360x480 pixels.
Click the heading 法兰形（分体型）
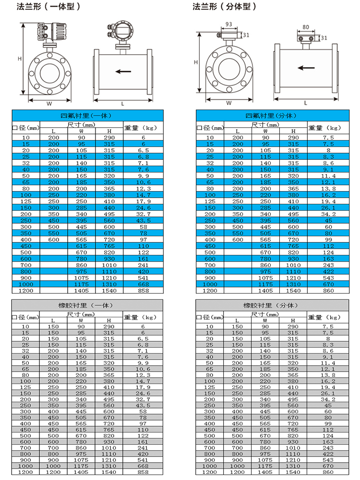(x=225, y=7)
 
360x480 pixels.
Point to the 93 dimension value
(x=229, y=24)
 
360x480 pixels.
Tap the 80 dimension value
(x=306, y=27)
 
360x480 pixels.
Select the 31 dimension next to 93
(x=246, y=35)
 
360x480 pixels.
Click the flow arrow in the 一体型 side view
(x=123, y=72)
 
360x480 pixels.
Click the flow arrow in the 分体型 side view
(x=306, y=68)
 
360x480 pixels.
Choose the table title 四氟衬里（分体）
(x=271, y=116)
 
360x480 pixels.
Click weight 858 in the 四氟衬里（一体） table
(x=143, y=290)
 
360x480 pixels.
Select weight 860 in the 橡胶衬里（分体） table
(x=328, y=472)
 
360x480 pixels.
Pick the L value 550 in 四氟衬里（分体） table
(x=238, y=233)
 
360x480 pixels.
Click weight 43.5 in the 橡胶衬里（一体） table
(x=143, y=405)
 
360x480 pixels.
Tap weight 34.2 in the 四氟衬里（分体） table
(x=328, y=214)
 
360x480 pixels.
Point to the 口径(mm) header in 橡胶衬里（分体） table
(x=210, y=317)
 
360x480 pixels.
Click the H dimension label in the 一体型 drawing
(x=20, y=59)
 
